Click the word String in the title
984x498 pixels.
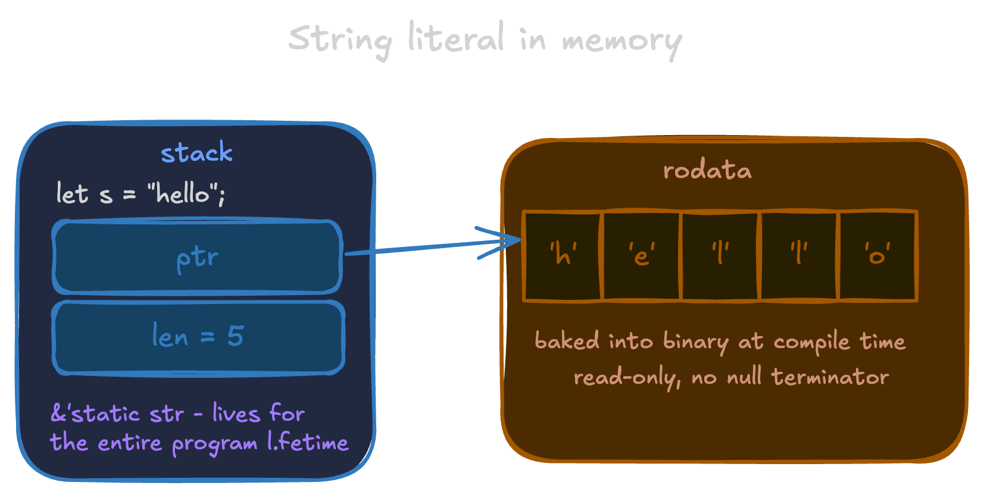pos(339,39)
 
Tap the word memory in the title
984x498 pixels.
pos(621,40)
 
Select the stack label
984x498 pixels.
pos(196,153)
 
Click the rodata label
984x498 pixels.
pos(707,171)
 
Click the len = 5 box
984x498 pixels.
pos(198,337)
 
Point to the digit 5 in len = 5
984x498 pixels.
pos(236,336)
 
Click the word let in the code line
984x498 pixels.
pos(72,194)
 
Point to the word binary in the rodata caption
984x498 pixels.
pos(695,342)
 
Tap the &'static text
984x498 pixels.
pos(95,414)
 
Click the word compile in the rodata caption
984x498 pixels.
pos(811,342)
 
